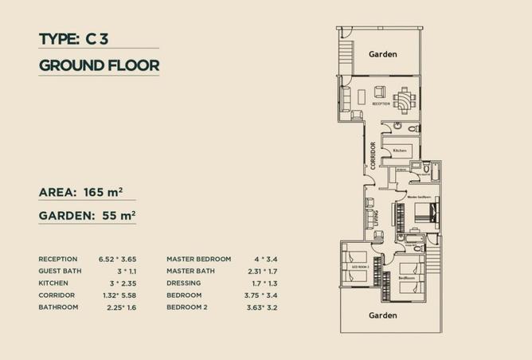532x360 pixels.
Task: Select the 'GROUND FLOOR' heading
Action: point(99,65)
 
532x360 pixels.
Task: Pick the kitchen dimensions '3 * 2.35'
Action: point(123,283)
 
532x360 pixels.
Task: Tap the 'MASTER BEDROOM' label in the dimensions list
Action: point(198,259)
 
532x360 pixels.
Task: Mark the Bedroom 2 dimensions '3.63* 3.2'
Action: point(268,307)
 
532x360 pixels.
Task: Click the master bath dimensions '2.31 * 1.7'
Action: point(268,271)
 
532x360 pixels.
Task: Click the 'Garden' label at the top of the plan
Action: point(382,54)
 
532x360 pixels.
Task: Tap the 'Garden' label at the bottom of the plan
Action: point(382,315)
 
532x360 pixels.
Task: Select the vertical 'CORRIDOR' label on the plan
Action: point(373,155)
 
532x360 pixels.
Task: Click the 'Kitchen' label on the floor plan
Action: point(399,151)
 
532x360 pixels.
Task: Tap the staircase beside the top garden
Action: point(344,53)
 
